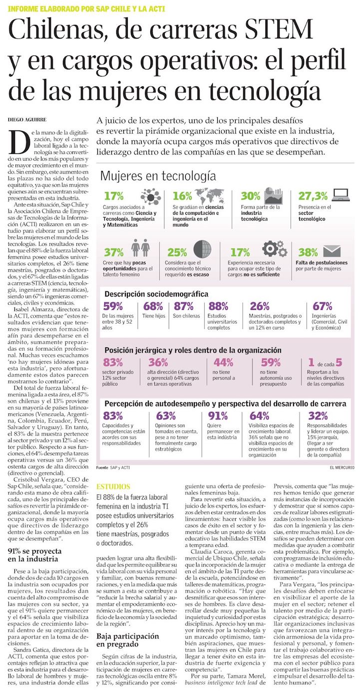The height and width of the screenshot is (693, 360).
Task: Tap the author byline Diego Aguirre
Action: [x=27, y=120]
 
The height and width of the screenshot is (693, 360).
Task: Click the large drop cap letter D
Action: [x=19, y=142]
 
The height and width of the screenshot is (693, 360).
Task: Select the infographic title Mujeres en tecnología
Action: [x=158, y=176]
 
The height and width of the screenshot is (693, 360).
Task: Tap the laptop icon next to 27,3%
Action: [x=341, y=194]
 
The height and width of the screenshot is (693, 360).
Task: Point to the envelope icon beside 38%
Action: [x=332, y=251]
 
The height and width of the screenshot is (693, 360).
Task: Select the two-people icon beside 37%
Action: [x=140, y=248]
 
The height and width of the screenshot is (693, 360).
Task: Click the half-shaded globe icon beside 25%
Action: [x=203, y=248]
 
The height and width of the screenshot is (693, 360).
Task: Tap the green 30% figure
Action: [x=251, y=196]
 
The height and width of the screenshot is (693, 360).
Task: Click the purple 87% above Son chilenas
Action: [x=184, y=306]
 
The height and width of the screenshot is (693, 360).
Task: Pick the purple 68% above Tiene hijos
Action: [x=153, y=306]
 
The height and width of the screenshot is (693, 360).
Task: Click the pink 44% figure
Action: [x=223, y=362]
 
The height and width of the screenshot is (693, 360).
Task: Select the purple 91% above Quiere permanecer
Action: [x=218, y=416]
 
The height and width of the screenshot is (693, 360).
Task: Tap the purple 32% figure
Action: [x=318, y=416]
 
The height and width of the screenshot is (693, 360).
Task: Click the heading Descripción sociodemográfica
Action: [x=156, y=294]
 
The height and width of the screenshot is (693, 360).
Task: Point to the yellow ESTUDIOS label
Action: [x=113, y=486]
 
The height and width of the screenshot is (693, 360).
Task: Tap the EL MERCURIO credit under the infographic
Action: [x=342, y=468]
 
